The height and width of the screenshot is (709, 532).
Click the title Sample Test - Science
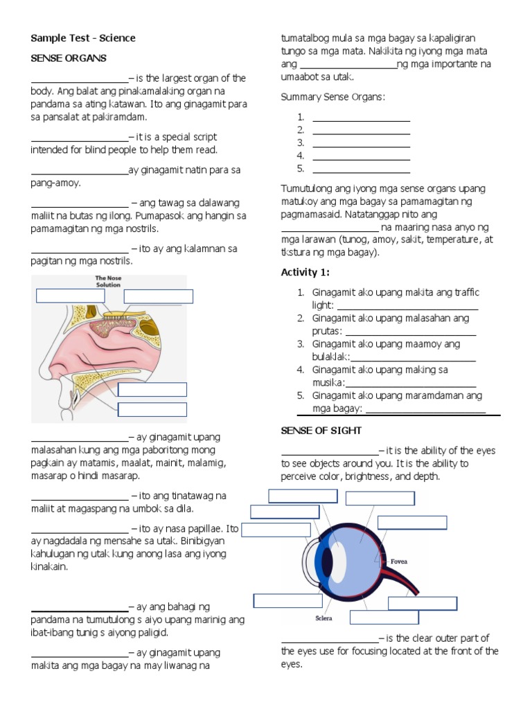pyautogui.click(x=83, y=38)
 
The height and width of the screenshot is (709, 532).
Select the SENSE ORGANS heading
pyautogui.click(x=69, y=58)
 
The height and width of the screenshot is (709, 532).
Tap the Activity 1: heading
pyautogui.click(x=305, y=272)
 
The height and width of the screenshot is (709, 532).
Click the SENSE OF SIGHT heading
pyautogui.click(x=321, y=431)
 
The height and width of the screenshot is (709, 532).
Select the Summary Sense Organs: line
pyautogui.click(x=333, y=97)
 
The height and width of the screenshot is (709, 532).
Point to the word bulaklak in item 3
pyautogui.click(x=330, y=357)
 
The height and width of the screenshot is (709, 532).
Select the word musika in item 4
pyautogui.click(x=327, y=383)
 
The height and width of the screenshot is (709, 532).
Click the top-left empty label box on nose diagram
pyautogui.click(x=70, y=296)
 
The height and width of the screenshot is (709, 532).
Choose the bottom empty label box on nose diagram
pyautogui.click(x=152, y=410)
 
